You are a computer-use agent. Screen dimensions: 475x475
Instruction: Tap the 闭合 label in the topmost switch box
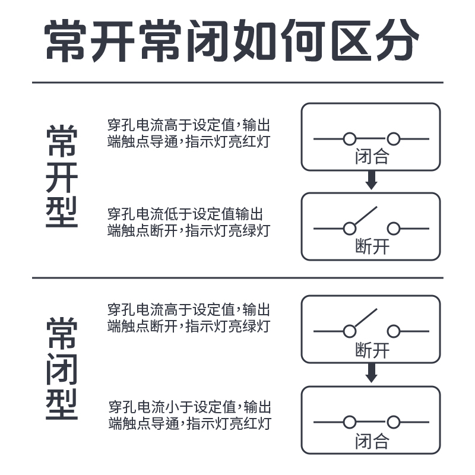(372, 157)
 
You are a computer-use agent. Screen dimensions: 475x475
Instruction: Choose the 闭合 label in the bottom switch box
(372, 441)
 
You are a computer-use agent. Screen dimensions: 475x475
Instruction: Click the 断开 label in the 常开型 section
(372, 246)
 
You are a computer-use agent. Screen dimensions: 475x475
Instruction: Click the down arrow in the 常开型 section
(372, 180)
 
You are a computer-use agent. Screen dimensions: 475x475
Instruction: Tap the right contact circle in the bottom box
(393, 422)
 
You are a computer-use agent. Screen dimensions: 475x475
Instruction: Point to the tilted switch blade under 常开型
(363, 216)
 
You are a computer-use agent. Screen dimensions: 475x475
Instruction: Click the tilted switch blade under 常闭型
(363, 319)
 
